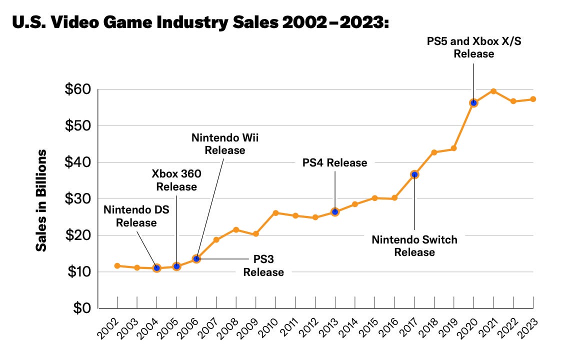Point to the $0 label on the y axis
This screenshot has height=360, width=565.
(80, 308)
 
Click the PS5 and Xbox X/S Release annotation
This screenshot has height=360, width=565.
(473, 46)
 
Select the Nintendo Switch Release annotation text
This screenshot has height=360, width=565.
(414, 245)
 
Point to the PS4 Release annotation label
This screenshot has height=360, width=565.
(335, 162)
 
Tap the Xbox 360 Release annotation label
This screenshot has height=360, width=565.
(176, 180)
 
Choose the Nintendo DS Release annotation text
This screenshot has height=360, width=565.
(136, 215)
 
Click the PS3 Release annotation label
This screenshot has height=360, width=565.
(263, 265)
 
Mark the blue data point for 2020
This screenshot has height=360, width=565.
(473, 103)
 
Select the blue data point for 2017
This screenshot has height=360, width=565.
(414, 174)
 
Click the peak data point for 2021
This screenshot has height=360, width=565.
(493, 91)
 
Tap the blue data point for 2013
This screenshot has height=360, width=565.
(335, 212)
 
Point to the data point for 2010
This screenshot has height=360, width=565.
(275, 213)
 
